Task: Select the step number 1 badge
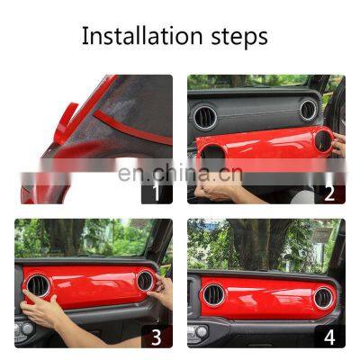coord(155,190)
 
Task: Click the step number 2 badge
coord(329,191)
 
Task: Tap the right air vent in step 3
coord(144,280)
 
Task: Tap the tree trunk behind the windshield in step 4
coord(260,247)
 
